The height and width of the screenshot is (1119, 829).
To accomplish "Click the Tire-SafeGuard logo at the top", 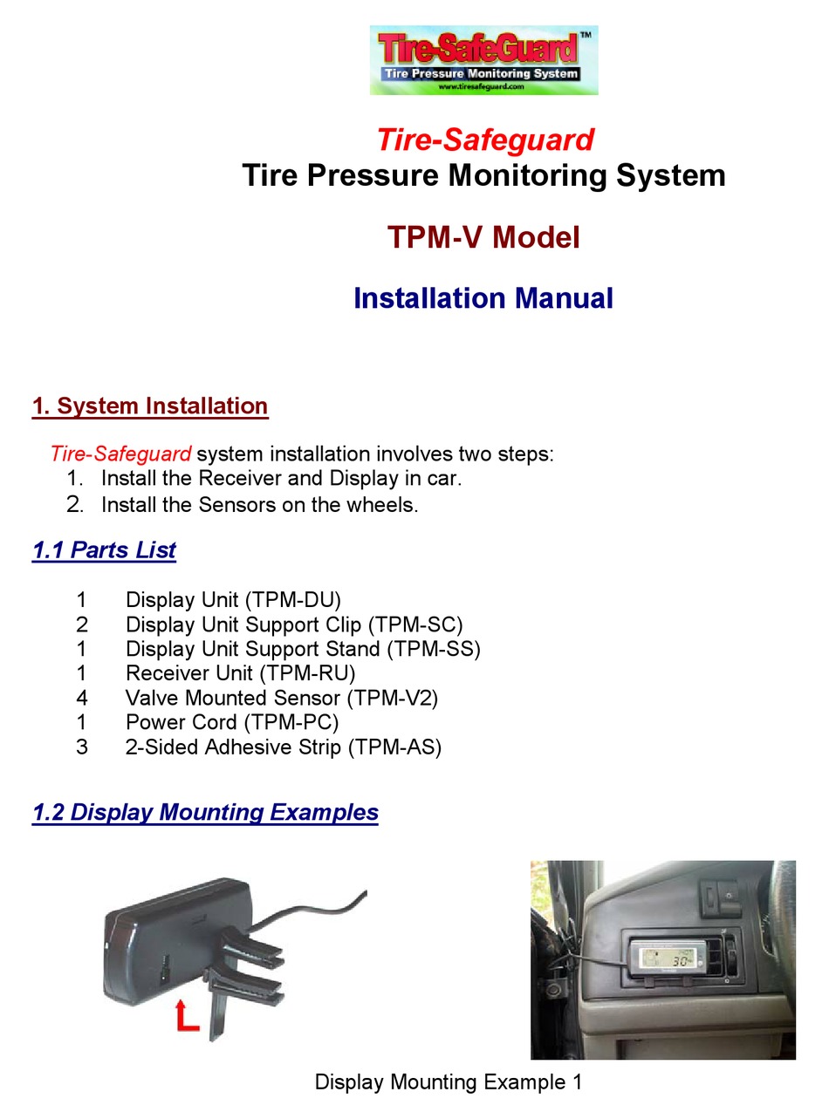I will [483, 59].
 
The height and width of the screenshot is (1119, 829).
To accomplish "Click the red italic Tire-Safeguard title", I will [484, 140].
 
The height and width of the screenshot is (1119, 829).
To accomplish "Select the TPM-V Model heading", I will [483, 237].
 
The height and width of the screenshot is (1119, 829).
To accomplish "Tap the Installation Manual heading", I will [483, 298].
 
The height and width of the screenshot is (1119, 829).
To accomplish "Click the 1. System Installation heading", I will [150, 406].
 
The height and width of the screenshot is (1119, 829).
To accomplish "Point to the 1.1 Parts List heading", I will [104, 550].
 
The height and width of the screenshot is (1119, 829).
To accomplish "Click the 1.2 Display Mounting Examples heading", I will [205, 813].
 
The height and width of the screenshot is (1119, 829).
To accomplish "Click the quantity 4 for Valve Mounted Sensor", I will [82, 698].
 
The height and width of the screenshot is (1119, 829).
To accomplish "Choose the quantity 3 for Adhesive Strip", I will [82, 747].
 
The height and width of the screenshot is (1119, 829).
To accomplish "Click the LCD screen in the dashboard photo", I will [666, 959].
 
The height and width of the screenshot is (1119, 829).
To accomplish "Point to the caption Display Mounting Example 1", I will [448, 1082].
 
